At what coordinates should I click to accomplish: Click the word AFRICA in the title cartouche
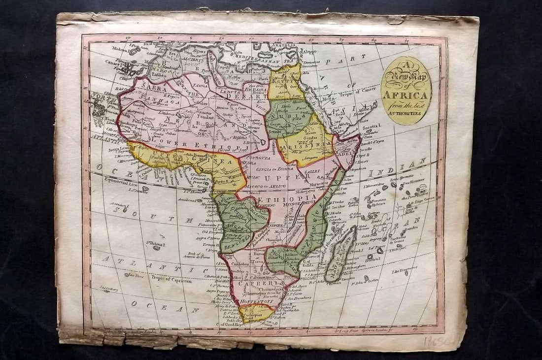[406, 94]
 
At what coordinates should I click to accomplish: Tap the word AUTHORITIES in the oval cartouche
[406, 112]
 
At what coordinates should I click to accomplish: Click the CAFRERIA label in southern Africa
[254, 283]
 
